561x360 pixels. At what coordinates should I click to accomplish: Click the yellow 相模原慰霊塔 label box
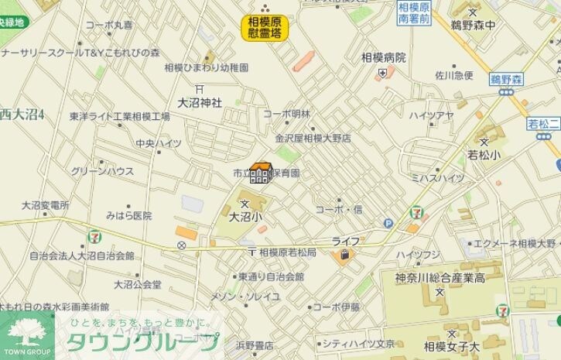(x=264, y=27)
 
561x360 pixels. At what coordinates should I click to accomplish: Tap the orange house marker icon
(x=261, y=173)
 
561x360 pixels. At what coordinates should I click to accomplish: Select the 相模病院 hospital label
(x=382, y=57)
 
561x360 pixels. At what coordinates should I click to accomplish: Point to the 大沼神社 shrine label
(x=200, y=101)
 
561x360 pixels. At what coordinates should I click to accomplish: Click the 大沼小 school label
(x=246, y=218)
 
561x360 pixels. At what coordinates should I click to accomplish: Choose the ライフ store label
(x=345, y=241)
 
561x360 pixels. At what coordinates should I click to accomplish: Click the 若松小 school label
(x=484, y=154)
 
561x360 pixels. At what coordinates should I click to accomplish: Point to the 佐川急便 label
(x=453, y=75)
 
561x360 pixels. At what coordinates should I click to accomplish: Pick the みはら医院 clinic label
(x=128, y=215)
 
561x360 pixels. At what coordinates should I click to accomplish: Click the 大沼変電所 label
(x=45, y=205)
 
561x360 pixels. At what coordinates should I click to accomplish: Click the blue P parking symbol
(x=388, y=223)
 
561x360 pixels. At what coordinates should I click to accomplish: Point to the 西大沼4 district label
(x=22, y=115)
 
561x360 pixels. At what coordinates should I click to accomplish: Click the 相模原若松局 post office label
(x=287, y=252)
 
